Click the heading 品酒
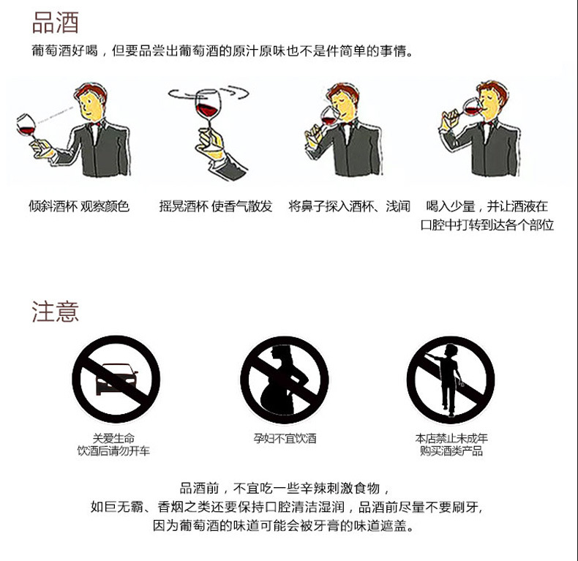[x=56, y=23]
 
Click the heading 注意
[x=56, y=312]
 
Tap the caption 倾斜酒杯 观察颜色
[x=79, y=206]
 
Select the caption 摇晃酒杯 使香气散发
[x=216, y=206]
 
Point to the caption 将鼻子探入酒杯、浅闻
[x=350, y=206]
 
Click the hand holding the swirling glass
[x=210, y=145]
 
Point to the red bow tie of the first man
[x=95, y=125]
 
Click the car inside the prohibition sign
[x=116, y=379]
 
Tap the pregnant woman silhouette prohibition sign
[x=284, y=380]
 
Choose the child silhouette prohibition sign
[x=451, y=380]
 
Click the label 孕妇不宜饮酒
[x=285, y=438]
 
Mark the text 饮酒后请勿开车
[x=113, y=451]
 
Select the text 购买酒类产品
[x=451, y=451]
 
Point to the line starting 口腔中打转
[x=487, y=225]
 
